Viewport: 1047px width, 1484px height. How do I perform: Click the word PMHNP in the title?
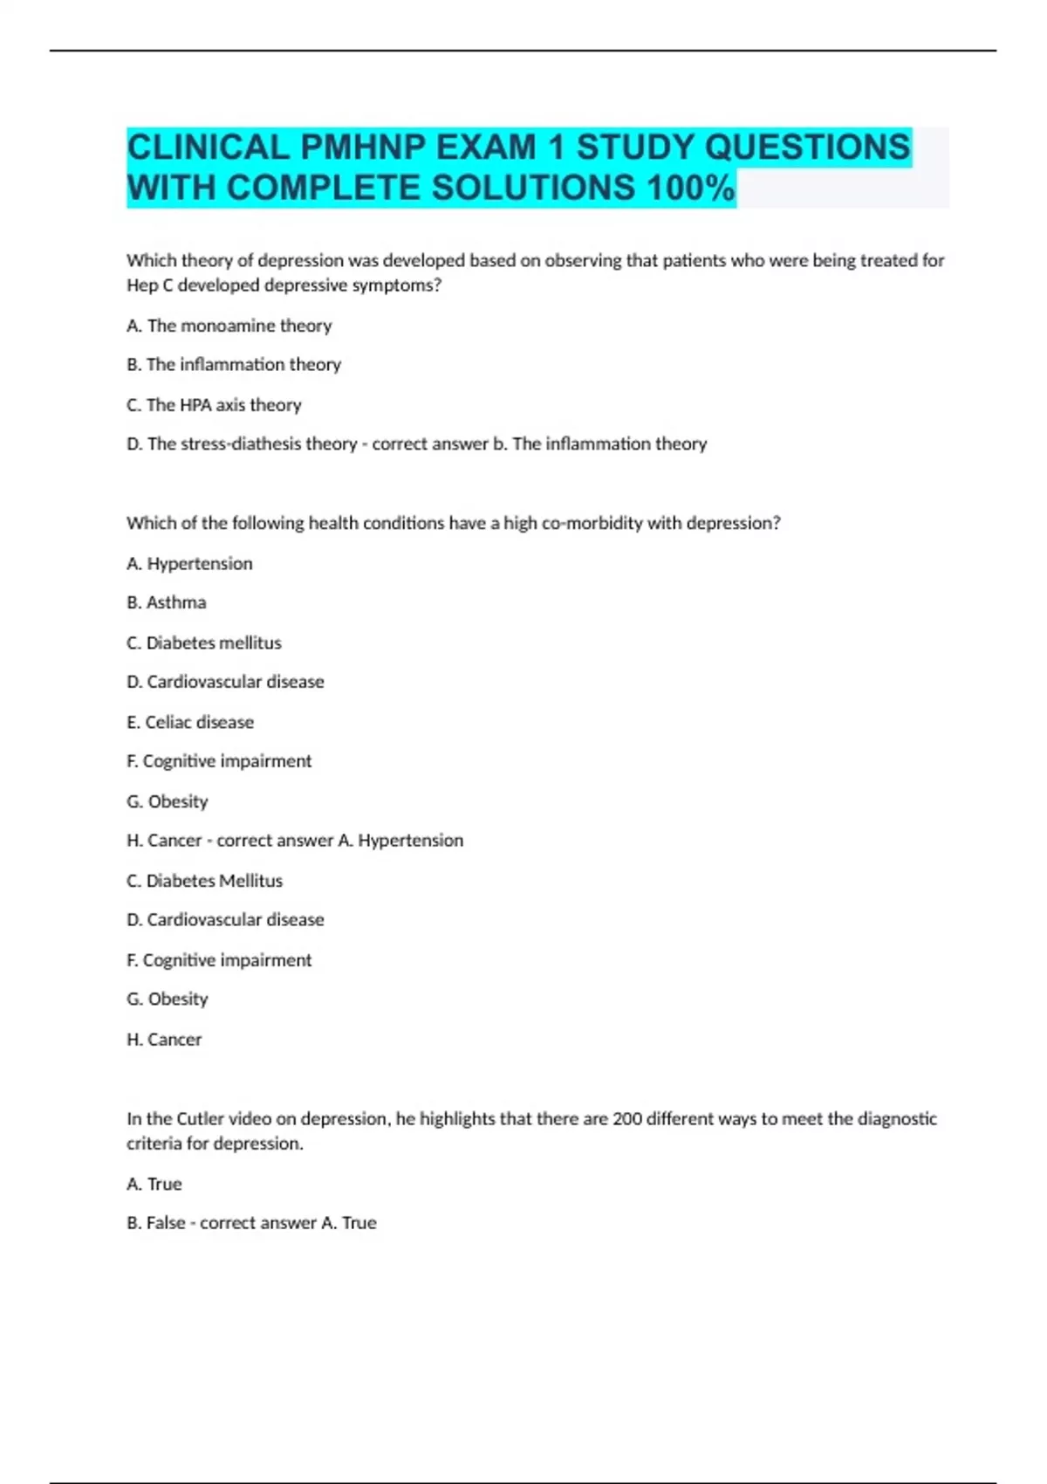click(363, 147)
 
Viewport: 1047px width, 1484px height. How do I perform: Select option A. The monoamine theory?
click(229, 326)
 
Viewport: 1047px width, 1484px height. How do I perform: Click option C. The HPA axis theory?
click(215, 405)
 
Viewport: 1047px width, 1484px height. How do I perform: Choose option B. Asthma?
click(167, 602)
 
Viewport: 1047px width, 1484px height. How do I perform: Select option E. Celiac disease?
click(190, 722)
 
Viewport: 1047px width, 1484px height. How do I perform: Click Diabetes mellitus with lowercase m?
click(214, 642)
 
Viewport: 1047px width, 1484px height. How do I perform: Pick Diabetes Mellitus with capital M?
click(215, 881)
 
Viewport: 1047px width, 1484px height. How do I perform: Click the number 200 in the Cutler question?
click(626, 1118)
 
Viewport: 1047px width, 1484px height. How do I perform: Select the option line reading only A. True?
click(154, 1184)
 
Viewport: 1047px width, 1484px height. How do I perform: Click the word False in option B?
click(166, 1223)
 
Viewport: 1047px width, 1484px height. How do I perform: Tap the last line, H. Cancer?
click(164, 1040)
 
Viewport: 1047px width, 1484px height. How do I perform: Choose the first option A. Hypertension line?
click(189, 564)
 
